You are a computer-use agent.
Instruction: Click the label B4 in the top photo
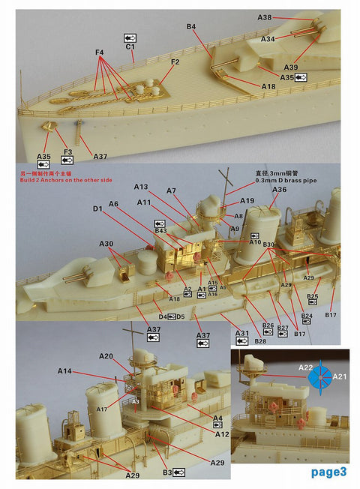click(191, 27)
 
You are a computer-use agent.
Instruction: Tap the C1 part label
click(130, 46)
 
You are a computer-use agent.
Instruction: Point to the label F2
click(175, 61)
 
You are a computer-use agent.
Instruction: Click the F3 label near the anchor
click(67, 152)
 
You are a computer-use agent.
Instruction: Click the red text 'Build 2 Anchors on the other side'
click(64, 181)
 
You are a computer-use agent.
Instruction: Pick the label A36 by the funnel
click(279, 190)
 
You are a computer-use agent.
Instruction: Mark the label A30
click(106, 244)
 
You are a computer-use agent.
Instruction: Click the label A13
click(142, 186)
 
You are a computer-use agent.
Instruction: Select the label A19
click(247, 200)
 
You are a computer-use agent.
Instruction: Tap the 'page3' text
click(328, 472)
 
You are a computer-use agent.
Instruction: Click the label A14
click(64, 371)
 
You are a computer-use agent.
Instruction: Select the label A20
click(106, 356)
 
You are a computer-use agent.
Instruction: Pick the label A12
click(222, 434)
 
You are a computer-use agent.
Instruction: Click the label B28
click(260, 341)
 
